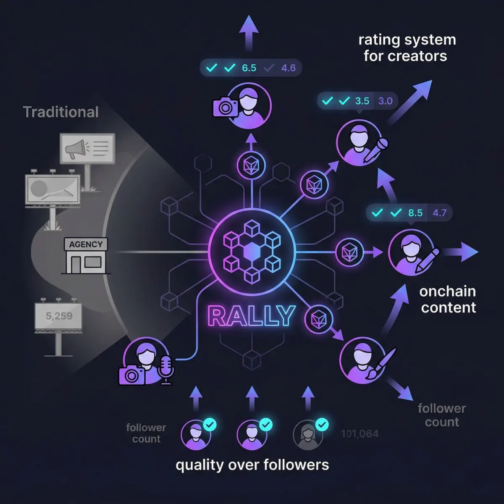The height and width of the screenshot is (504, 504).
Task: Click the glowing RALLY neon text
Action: tap(252, 316)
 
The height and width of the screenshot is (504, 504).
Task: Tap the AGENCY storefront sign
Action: tap(86, 244)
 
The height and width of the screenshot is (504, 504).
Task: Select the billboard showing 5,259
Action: tap(59, 316)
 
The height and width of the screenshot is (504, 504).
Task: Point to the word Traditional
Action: tap(61, 112)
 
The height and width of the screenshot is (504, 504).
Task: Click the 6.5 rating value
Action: tap(249, 68)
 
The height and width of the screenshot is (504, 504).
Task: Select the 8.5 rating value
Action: tap(415, 213)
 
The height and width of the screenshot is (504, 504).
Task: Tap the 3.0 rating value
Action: tap(385, 101)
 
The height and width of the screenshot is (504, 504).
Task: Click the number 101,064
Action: tap(360, 433)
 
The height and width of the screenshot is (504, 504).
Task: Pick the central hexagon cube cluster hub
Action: tap(252, 252)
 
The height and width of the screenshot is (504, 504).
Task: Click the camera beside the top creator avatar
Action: tap(226, 107)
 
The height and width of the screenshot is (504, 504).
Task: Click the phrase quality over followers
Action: tap(252, 465)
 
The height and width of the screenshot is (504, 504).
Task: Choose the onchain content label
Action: tap(448, 299)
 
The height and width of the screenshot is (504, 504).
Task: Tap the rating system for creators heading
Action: tap(407, 48)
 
